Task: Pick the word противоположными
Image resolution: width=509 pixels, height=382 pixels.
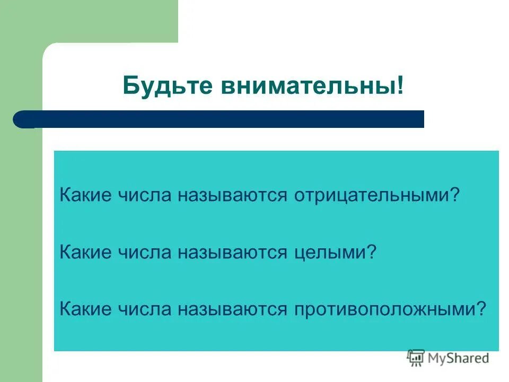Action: click(384, 308)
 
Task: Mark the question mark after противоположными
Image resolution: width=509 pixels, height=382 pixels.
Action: click(480, 308)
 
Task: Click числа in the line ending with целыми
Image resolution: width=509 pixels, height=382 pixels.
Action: click(144, 251)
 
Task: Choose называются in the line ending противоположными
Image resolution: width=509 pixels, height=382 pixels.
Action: click(232, 308)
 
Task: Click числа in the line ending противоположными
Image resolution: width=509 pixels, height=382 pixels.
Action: click(144, 308)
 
